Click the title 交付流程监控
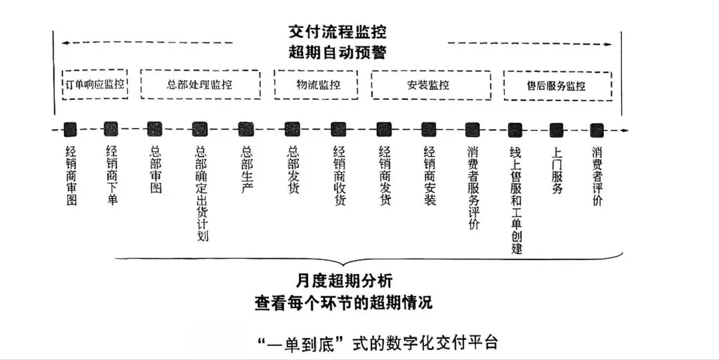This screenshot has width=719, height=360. click(338, 32)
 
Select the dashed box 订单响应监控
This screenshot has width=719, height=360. click(94, 85)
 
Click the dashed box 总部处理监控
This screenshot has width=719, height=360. click(200, 85)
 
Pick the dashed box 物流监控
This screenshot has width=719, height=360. click(316, 85)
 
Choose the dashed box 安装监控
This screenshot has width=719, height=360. click(431, 85)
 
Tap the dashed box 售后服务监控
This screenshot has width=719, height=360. click(557, 86)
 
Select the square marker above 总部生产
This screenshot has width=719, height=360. click(246, 130)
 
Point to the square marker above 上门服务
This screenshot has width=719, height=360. click(556, 130)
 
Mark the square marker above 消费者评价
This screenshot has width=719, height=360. click(597, 130)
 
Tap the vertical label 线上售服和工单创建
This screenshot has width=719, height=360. click(515, 200)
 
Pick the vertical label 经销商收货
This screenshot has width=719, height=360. click(339, 176)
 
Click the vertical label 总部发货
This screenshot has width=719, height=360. click(292, 170)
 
